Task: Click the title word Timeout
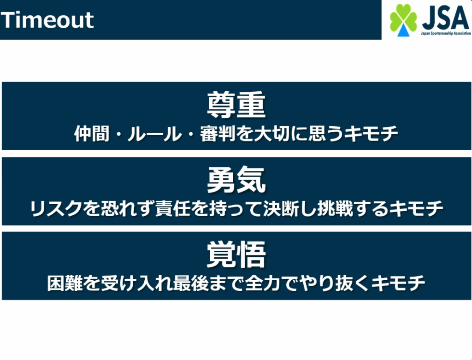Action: tap(47, 20)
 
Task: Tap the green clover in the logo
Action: tap(403, 18)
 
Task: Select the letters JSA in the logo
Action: tap(446, 18)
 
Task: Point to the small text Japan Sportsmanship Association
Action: tap(446, 33)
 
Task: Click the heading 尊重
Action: tap(236, 105)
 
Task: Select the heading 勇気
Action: tap(236, 180)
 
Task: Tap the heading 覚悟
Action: tap(236, 254)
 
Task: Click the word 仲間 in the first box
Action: tap(92, 134)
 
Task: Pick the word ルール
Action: tap(155, 134)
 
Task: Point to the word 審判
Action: tap(218, 134)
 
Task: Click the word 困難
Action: tap(65, 283)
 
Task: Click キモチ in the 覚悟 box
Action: tap(398, 283)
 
